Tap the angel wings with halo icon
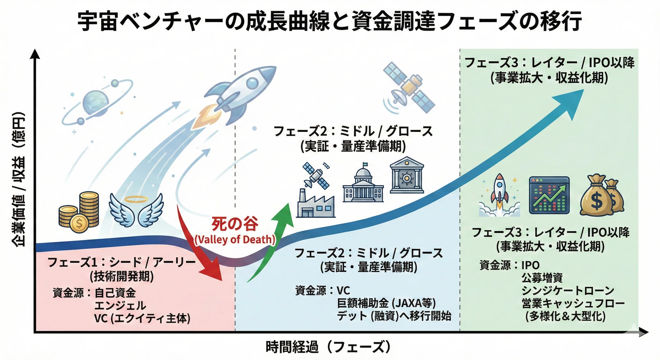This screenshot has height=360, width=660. tap(136, 210)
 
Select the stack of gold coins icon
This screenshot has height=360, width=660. tap(79, 212)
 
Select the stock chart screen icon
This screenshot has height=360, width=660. tap(549, 195)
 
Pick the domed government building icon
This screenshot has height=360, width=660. tap(363, 182)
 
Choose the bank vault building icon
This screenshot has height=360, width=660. tap(407, 175)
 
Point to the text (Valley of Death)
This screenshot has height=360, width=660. tap(235, 240)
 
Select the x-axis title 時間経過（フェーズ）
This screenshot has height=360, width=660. tap(328, 347)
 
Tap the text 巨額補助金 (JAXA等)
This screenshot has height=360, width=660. tap(386, 304)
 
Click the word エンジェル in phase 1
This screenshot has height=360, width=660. tap(120, 306)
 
